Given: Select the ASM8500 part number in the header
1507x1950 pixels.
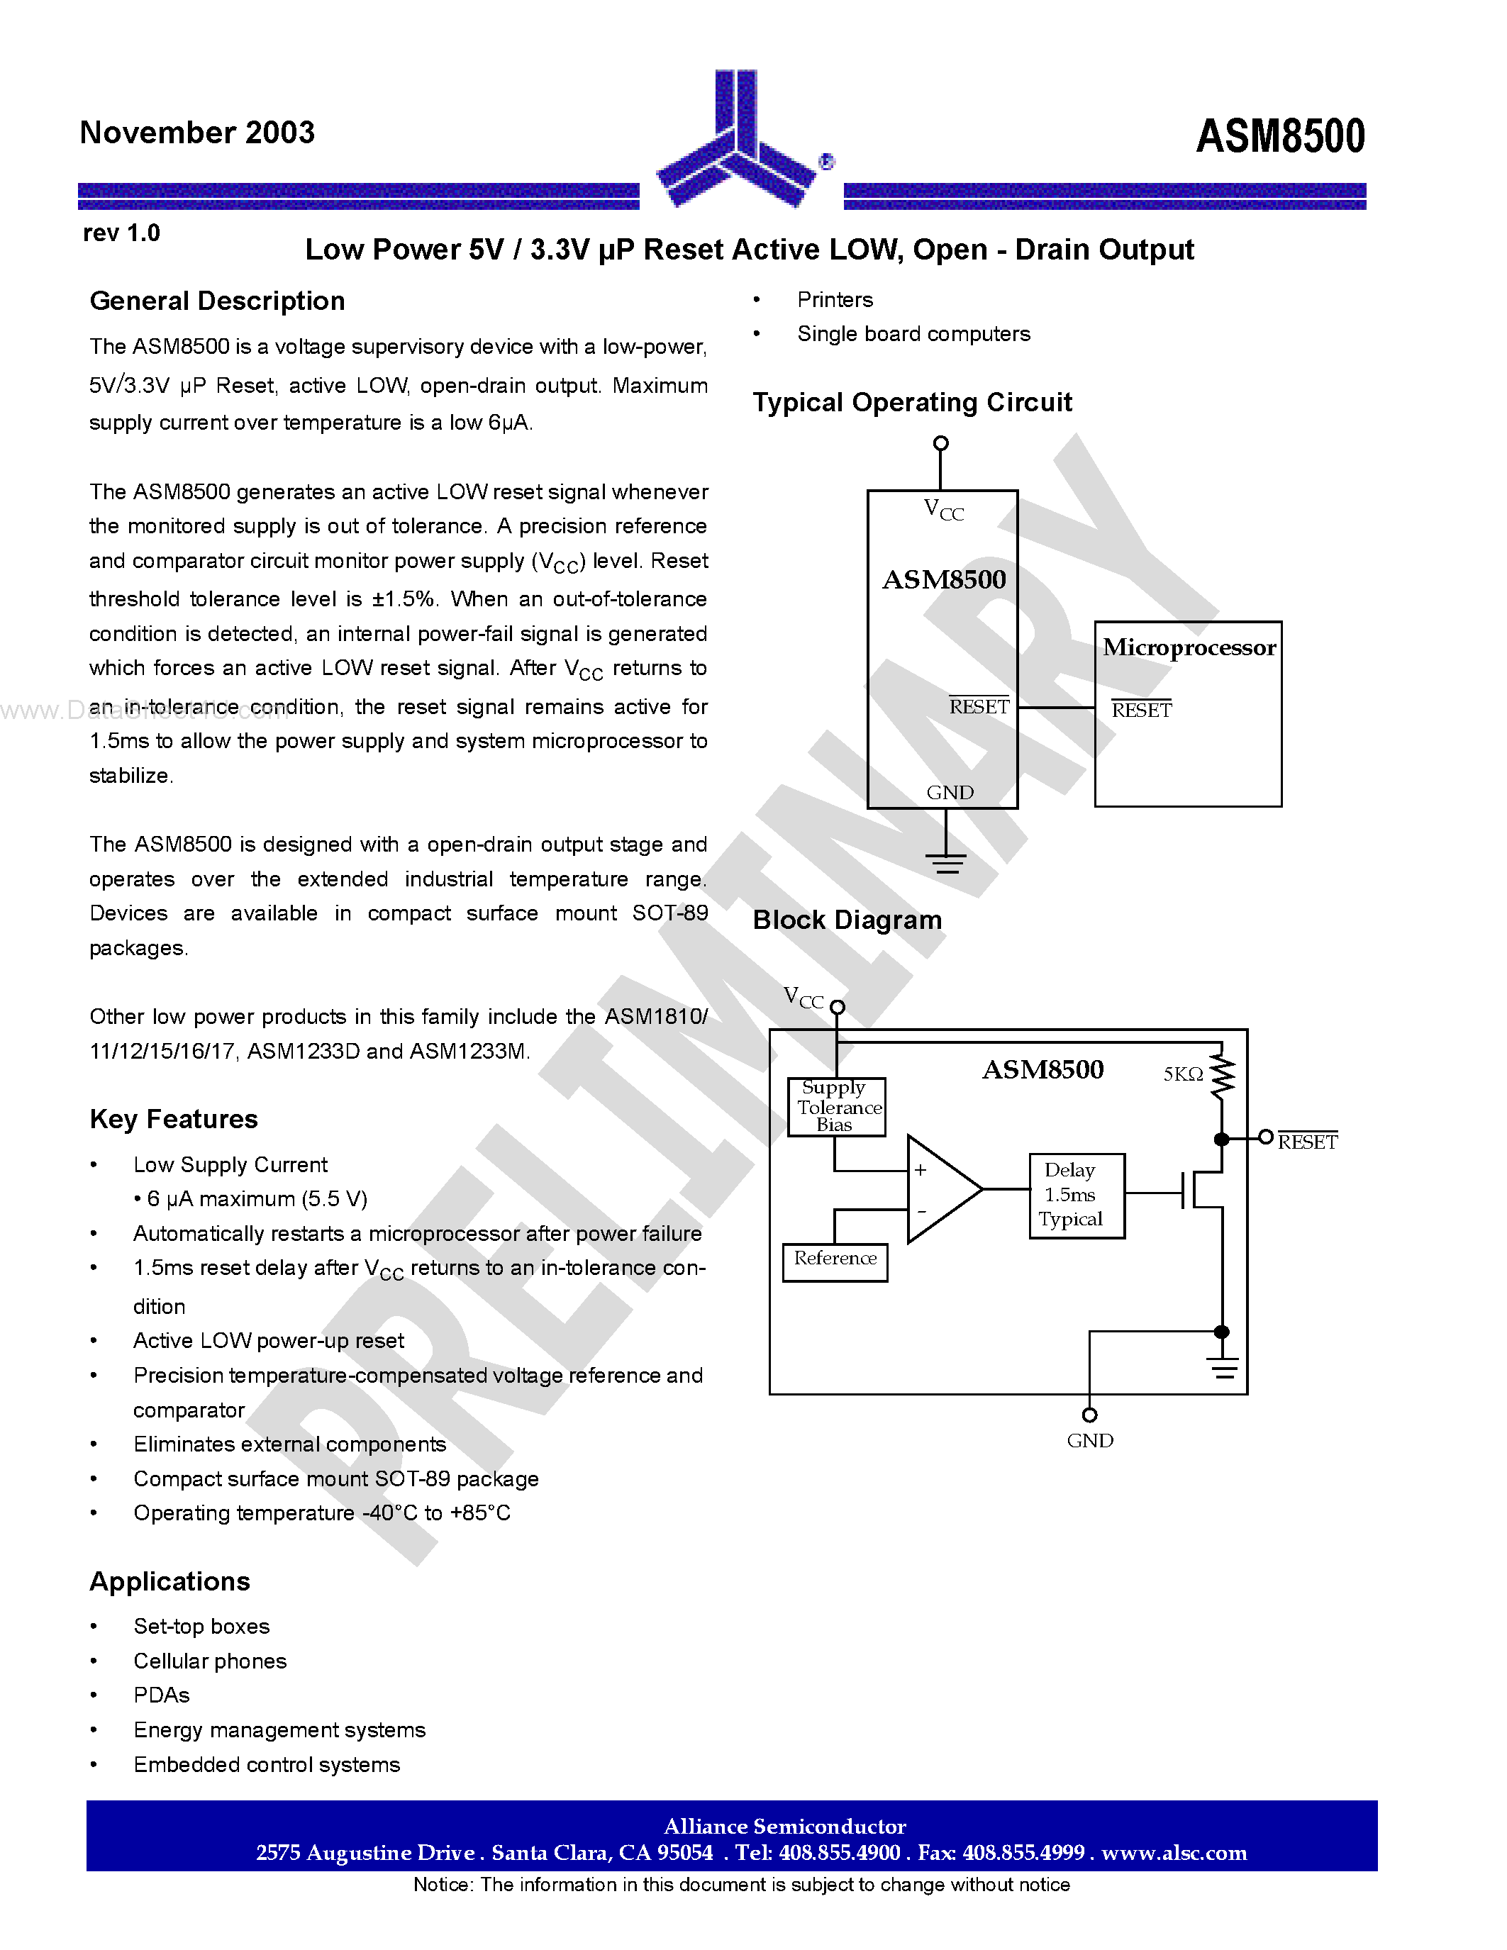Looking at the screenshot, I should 1279,137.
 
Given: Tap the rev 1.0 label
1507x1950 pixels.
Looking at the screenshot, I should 121,234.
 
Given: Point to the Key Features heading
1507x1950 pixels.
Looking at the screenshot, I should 173,1120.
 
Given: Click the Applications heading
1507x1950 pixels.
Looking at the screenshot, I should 169,1582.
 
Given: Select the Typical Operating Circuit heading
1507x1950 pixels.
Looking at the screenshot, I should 911,403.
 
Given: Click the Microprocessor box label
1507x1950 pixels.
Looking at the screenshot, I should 1189,648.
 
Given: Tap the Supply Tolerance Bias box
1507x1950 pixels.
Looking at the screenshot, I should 837,1107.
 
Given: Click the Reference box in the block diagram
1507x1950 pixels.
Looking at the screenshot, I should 835,1261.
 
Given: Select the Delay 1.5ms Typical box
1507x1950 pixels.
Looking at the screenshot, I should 1076,1196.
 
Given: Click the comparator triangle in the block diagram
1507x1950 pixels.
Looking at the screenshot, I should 940,1189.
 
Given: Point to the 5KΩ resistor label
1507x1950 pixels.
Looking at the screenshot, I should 1183,1075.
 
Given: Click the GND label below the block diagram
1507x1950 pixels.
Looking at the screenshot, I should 1089,1441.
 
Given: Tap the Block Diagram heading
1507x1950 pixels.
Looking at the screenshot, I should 847,920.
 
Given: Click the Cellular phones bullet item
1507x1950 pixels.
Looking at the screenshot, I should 210,1661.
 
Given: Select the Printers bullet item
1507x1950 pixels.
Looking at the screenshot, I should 835,300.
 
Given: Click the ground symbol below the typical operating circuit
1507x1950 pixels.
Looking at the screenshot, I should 945,862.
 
